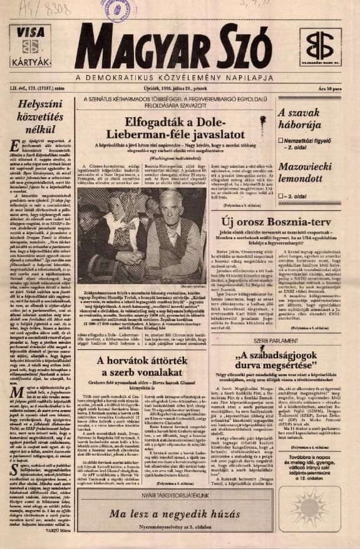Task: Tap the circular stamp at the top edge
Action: (120, 10)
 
